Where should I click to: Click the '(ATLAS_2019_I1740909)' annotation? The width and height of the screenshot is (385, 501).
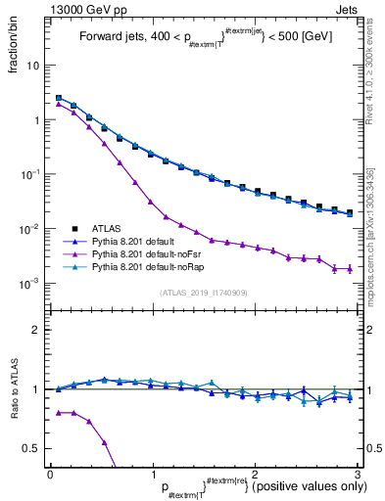coord(204,292)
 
